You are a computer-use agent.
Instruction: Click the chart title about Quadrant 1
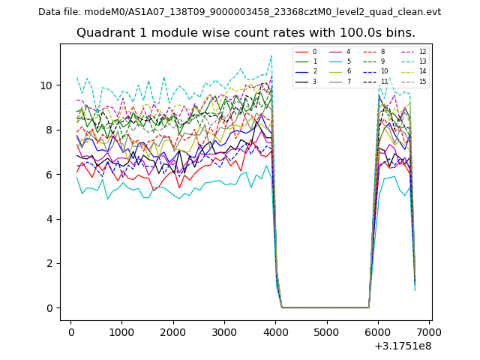point(245,33)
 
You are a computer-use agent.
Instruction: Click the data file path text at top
point(239,12)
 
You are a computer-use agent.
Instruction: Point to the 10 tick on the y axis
point(49,85)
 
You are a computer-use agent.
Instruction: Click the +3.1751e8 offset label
point(401,346)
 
